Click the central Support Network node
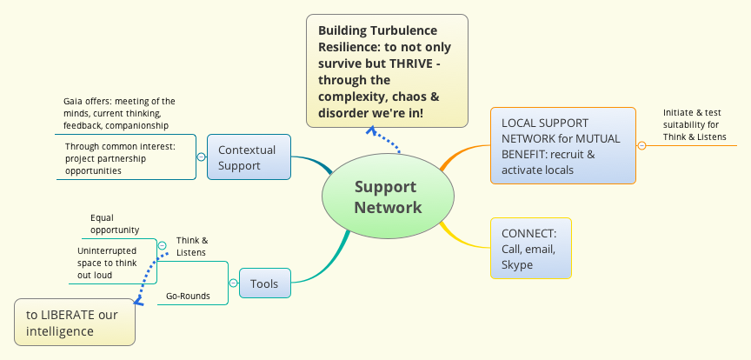[x=387, y=197]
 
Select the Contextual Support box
[x=247, y=157]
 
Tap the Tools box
[x=264, y=283]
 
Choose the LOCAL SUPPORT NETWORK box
[x=562, y=146]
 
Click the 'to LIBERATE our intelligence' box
[x=74, y=323]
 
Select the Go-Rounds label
[x=188, y=296]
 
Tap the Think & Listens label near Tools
[x=192, y=246]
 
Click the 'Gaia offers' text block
[x=119, y=113]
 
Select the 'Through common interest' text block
[x=120, y=158]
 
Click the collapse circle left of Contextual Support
[x=202, y=157]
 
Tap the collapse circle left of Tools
[x=233, y=283]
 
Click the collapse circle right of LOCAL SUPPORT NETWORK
[x=641, y=145]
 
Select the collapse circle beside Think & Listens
[x=162, y=246]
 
